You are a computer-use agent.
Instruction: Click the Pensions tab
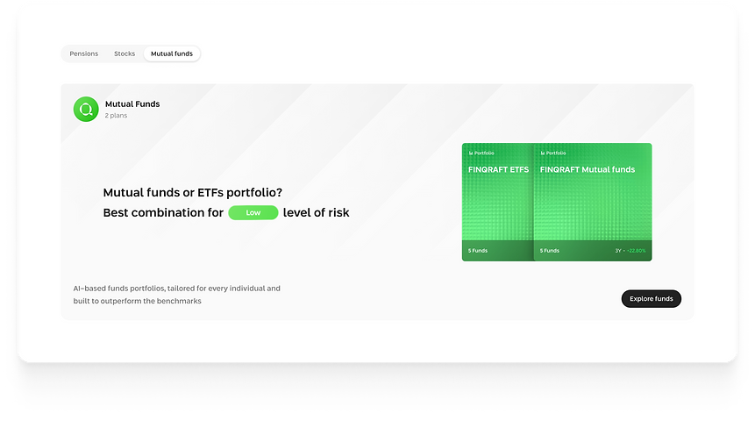click(x=84, y=53)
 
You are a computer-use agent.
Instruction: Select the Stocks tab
click(x=125, y=53)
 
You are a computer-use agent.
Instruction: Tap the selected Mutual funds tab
click(x=172, y=53)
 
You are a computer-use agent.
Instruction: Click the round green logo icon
click(x=86, y=109)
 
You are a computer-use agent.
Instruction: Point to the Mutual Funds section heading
click(x=132, y=103)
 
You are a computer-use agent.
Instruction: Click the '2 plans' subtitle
click(x=117, y=116)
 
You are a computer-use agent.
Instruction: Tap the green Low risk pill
click(x=253, y=212)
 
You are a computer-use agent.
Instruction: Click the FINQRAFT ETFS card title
click(x=499, y=169)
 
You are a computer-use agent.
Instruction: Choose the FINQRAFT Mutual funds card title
click(x=588, y=169)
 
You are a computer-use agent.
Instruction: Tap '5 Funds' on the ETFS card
click(x=478, y=251)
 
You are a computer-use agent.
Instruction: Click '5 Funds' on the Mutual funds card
click(x=550, y=251)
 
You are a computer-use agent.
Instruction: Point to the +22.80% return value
click(x=636, y=251)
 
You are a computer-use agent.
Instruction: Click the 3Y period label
click(x=617, y=251)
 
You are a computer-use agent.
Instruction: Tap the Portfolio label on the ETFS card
click(x=483, y=153)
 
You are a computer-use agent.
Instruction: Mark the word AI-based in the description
click(x=91, y=288)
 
